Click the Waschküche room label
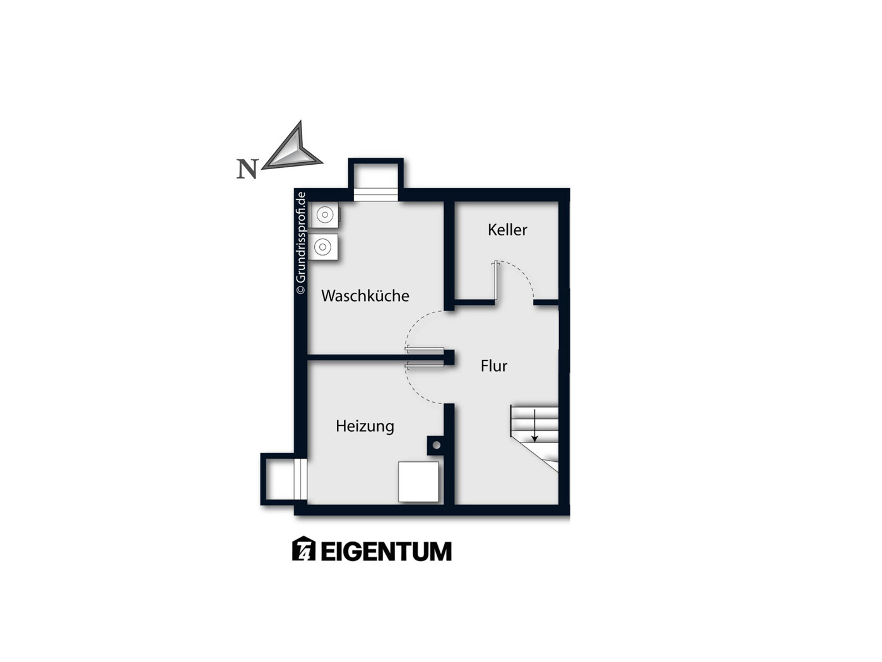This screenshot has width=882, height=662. [365, 295]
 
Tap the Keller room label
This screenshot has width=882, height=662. [507, 230]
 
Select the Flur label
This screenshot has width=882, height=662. [494, 365]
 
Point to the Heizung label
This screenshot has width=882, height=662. [365, 426]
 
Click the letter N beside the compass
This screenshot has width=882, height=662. [247, 169]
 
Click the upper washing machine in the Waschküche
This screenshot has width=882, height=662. [326, 215]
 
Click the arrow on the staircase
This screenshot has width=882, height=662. [534, 425]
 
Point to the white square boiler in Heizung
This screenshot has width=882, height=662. [418, 482]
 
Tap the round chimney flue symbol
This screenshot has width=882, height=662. [437, 445]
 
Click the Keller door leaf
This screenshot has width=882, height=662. [497, 281]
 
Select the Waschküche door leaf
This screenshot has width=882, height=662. [425, 350]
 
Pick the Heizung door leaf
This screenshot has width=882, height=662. [425, 365]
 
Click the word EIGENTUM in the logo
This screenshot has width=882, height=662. [385, 551]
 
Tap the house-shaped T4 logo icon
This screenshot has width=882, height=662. [303, 548]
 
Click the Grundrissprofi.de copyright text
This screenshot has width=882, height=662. [300, 243]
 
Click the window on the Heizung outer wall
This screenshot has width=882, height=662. [300, 479]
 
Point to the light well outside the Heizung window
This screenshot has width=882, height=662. [281, 479]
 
